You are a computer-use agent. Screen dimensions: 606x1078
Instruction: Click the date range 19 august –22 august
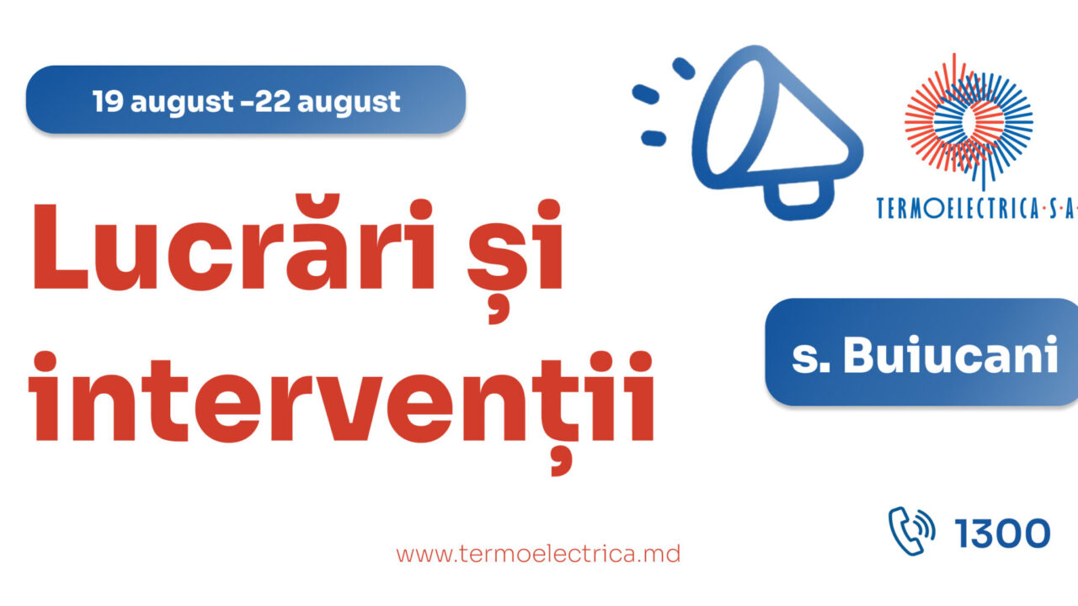coord(246,102)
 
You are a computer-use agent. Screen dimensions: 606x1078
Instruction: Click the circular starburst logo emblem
coord(969,118)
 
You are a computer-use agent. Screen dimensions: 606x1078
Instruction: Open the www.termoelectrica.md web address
coord(538,554)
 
